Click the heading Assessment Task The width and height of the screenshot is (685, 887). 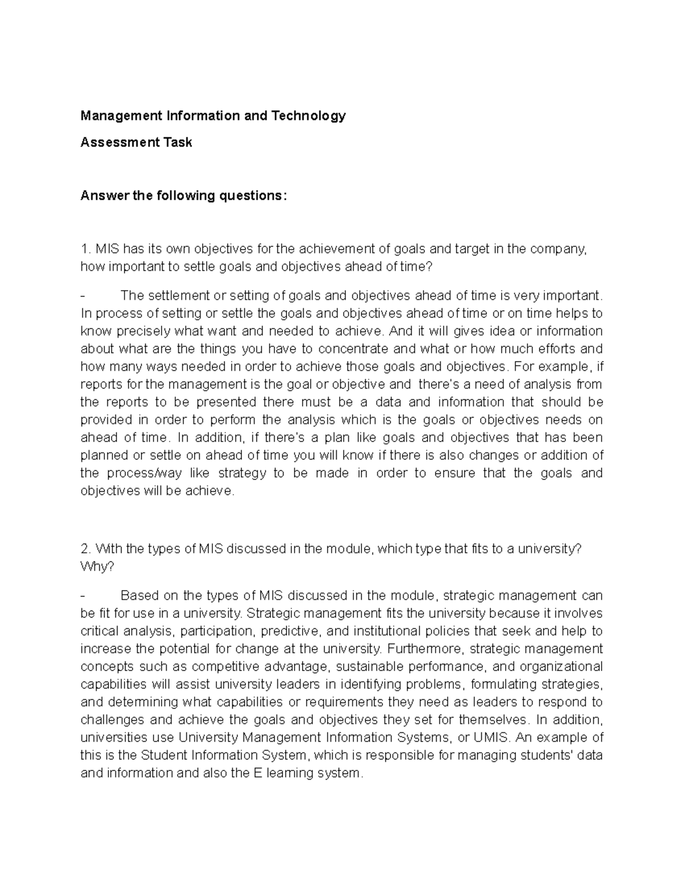[x=136, y=142]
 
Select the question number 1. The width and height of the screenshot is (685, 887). [x=85, y=249]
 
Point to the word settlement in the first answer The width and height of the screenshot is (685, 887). [x=178, y=296]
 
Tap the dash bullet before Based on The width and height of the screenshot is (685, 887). [x=83, y=596]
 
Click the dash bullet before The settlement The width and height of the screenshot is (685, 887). [x=83, y=296]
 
